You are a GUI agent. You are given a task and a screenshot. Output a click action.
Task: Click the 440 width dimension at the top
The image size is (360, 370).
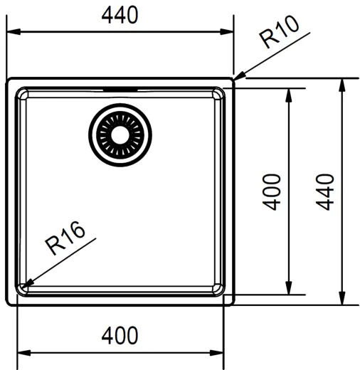pos(120,16)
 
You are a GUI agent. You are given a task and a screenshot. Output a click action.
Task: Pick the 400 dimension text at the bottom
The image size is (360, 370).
pos(120,335)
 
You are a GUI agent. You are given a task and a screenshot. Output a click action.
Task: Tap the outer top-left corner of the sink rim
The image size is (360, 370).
pos(9,78)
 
